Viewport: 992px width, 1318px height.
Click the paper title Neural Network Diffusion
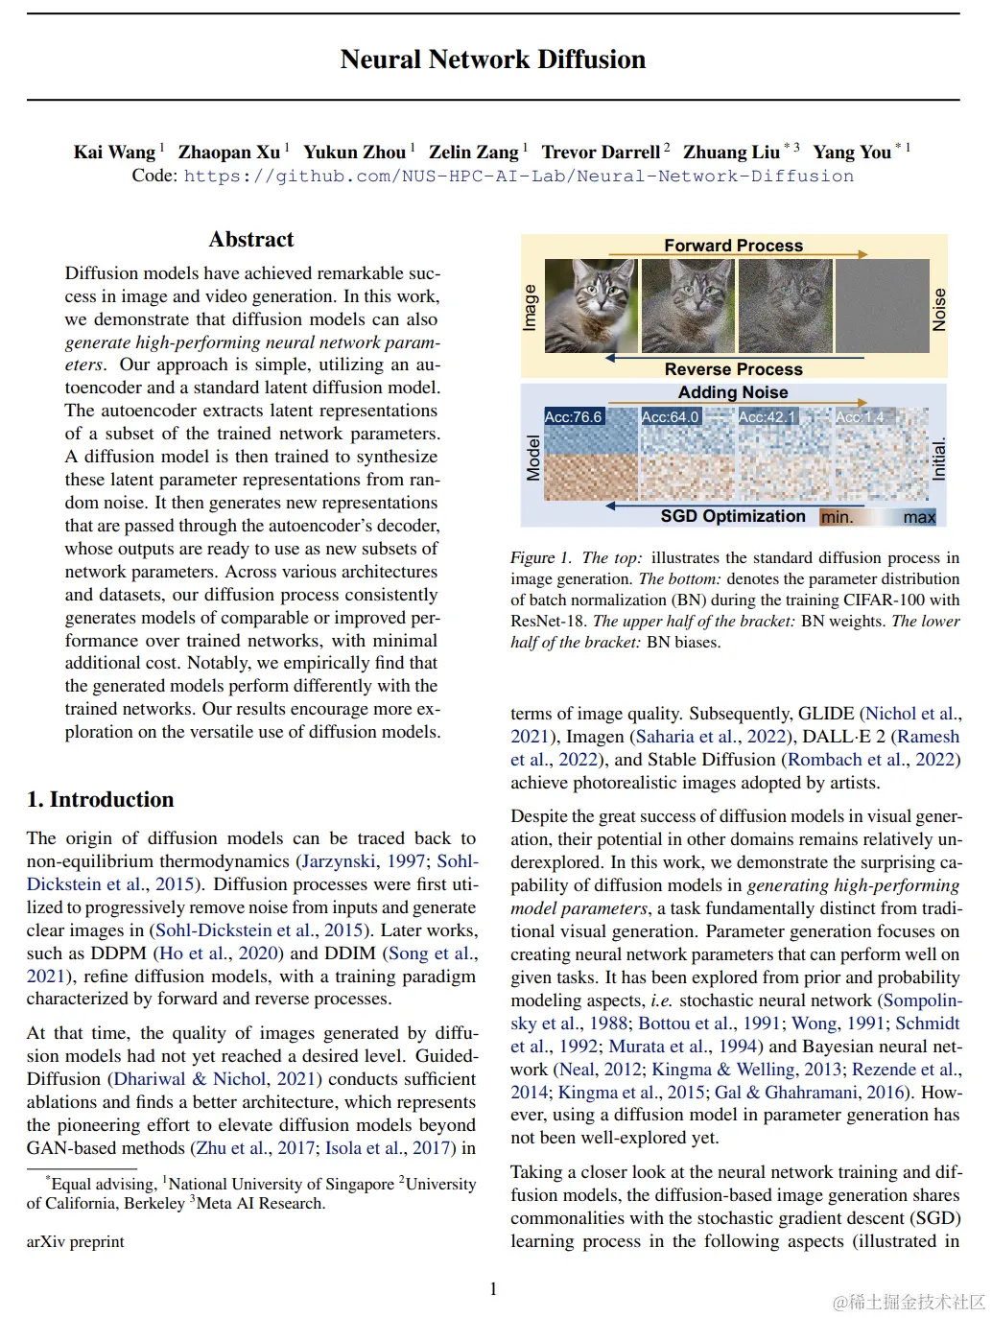pyautogui.click(x=493, y=59)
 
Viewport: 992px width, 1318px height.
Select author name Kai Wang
pyautogui.click(x=114, y=153)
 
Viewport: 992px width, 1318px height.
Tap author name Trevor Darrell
pyautogui.click(x=601, y=153)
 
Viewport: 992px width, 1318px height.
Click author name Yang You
pyautogui.click(x=852, y=153)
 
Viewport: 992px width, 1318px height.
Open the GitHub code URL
pyautogui.click(x=518, y=177)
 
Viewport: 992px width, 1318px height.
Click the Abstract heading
pyautogui.click(x=251, y=240)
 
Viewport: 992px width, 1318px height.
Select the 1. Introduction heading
pyautogui.click(x=101, y=800)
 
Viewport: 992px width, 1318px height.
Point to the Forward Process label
pyautogui.click(x=733, y=246)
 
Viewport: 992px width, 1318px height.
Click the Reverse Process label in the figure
pyautogui.click(x=733, y=369)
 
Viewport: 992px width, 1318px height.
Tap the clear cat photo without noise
pyautogui.click(x=590, y=305)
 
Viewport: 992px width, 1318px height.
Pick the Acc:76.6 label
pyautogui.click(x=573, y=417)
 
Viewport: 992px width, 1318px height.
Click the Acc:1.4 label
pyautogui.click(x=860, y=417)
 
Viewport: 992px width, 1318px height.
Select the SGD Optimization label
pyautogui.click(x=733, y=516)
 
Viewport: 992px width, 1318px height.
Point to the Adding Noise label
pyautogui.click(x=733, y=392)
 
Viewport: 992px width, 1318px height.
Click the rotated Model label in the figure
pyautogui.click(x=533, y=458)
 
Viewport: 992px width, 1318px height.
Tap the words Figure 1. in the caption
pyautogui.click(x=540, y=558)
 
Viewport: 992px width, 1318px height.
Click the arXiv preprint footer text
pyautogui.click(x=76, y=1242)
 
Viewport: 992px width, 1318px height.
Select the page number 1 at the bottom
pyautogui.click(x=493, y=1289)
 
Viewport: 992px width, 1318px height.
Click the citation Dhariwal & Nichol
pyautogui.click(x=190, y=1079)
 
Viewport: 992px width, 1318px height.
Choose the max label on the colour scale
pyautogui.click(x=918, y=518)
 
